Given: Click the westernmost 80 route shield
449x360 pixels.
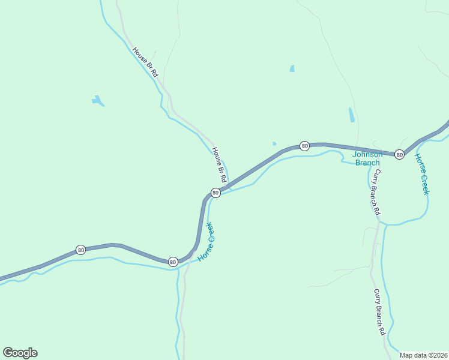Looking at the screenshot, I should point(80,250).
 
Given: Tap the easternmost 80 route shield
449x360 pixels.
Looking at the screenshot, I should point(399,155).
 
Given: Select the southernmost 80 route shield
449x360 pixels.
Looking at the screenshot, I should point(173,262).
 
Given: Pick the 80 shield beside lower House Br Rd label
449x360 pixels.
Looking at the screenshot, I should point(215,193).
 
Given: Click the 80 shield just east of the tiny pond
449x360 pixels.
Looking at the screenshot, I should point(304,146).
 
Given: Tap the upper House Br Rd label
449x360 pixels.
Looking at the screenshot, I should point(145,62).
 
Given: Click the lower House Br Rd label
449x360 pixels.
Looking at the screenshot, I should point(218,165).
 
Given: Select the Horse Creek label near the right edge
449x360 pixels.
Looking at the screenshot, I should point(421,174).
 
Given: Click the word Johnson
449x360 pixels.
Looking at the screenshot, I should point(367,154).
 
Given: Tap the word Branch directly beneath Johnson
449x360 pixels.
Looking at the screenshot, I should point(367,162).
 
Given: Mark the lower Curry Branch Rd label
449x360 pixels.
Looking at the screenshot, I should point(379,312).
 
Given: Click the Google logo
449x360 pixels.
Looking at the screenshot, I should point(20,353).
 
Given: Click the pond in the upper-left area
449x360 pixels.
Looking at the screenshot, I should point(97,101).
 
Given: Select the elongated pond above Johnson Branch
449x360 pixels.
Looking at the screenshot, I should point(351,115).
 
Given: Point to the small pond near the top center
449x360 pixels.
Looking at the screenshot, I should point(292,68).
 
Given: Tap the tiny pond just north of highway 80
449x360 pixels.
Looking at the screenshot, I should point(274,143).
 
